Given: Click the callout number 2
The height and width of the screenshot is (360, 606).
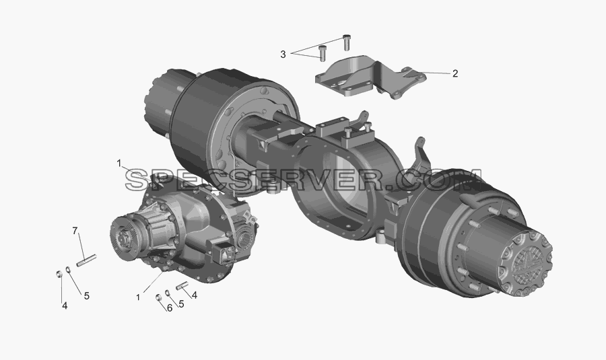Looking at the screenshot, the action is [x=455, y=73].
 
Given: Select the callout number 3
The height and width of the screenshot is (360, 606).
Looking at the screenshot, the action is [x=283, y=55].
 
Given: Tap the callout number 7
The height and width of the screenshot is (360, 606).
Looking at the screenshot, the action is [x=75, y=231].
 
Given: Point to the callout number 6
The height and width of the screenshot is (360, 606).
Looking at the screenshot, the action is [x=169, y=308].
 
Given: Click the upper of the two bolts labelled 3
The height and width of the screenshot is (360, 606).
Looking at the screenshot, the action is [x=346, y=42].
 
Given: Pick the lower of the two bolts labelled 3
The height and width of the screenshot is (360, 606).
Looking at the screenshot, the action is [x=322, y=53].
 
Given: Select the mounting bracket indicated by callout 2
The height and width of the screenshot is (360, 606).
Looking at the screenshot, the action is [x=370, y=78].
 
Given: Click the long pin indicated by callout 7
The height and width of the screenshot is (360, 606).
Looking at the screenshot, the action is [x=86, y=260].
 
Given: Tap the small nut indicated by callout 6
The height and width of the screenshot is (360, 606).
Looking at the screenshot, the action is [x=158, y=297].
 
